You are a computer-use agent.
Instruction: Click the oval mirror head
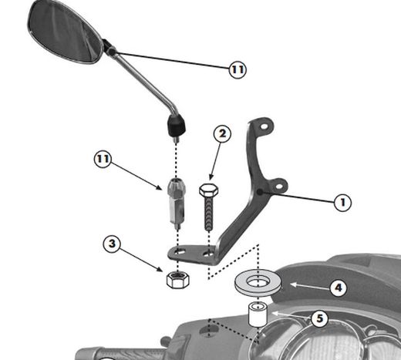point(66,32)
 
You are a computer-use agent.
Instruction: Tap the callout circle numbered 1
point(342,203)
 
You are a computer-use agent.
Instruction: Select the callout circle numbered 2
point(222,134)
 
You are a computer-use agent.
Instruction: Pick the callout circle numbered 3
point(112,244)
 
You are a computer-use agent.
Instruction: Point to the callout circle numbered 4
point(339,288)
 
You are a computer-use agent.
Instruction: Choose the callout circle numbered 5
point(319,318)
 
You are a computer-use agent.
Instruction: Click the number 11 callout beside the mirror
point(238,69)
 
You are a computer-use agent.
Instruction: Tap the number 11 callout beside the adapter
point(103,160)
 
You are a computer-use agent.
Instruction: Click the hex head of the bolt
point(209,190)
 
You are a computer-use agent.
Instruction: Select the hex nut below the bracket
point(178,280)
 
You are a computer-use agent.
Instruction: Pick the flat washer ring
point(258,284)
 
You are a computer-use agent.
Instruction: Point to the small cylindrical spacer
point(258,315)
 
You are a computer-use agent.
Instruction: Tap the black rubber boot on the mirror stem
point(177,126)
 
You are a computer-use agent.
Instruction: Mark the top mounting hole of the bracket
point(265,127)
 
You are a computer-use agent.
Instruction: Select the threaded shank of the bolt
point(209,214)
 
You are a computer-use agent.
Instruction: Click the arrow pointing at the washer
point(309,286)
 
